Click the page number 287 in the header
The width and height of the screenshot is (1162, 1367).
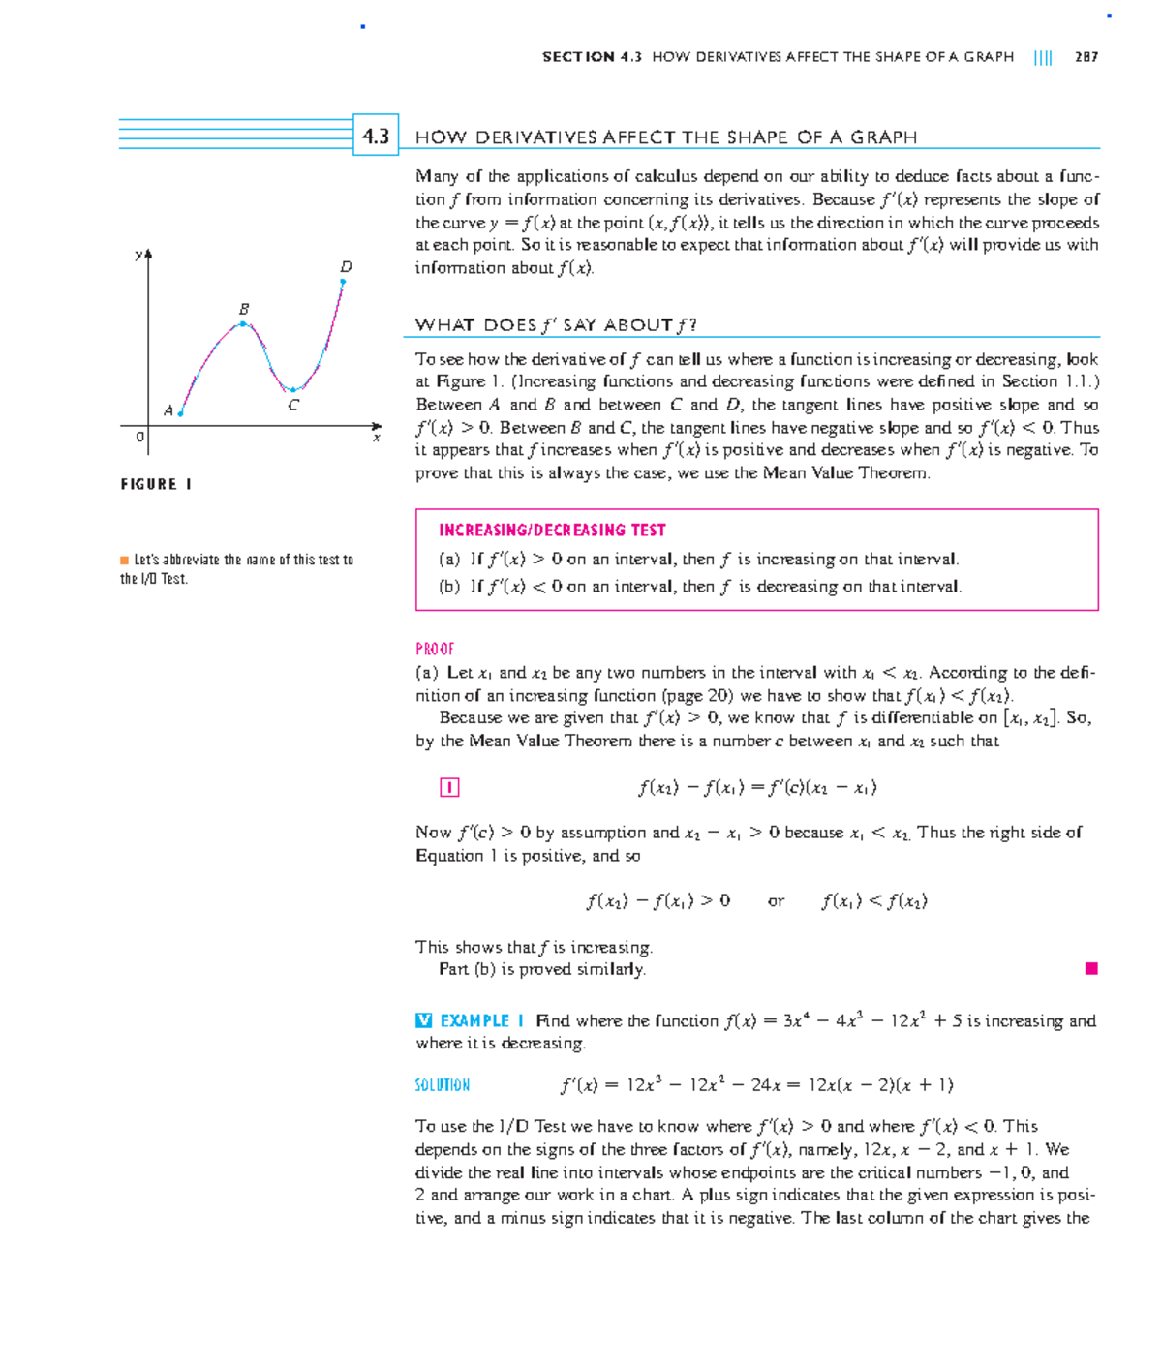pyautogui.click(x=1086, y=57)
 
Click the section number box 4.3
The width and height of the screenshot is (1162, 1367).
pyautogui.click(x=376, y=137)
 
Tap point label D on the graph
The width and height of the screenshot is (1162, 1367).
pyautogui.click(x=346, y=266)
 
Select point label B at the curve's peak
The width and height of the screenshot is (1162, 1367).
pyautogui.click(x=244, y=308)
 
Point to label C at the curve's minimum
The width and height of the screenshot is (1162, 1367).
pyautogui.click(x=293, y=406)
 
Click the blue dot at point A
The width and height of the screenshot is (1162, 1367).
pyautogui.click(x=181, y=414)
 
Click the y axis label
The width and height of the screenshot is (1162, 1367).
pyautogui.click(x=138, y=255)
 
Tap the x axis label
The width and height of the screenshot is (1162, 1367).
pyautogui.click(x=377, y=439)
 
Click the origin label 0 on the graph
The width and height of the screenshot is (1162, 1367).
pyautogui.click(x=139, y=438)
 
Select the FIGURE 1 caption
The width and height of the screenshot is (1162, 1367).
pyautogui.click(x=156, y=484)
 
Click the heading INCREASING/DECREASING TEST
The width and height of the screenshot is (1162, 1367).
pyautogui.click(x=552, y=530)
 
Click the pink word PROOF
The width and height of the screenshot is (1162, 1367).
pyautogui.click(x=435, y=649)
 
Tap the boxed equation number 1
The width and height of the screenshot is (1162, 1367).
pyautogui.click(x=449, y=787)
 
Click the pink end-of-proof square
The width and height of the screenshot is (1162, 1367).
pyautogui.click(x=1091, y=968)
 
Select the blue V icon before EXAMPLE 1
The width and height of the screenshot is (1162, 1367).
pyautogui.click(x=423, y=1020)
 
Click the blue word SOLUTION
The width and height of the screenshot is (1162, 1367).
pyautogui.click(x=442, y=1085)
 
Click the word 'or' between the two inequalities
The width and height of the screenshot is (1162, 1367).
pyautogui.click(x=776, y=901)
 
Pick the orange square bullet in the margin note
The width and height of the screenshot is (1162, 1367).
pyautogui.click(x=124, y=560)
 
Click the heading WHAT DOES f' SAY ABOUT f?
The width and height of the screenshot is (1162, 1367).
pyautogui.click(x=556, y=324)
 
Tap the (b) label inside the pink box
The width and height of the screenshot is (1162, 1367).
pyautogui.click(x=449, y=587)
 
